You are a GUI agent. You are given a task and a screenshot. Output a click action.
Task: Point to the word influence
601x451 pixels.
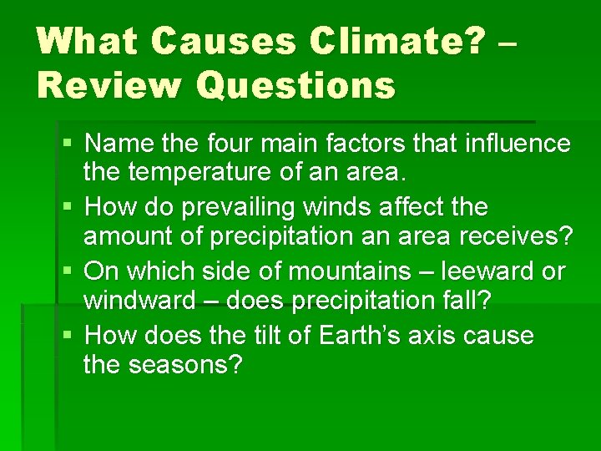pyautogui.click(x=517, y=144)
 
